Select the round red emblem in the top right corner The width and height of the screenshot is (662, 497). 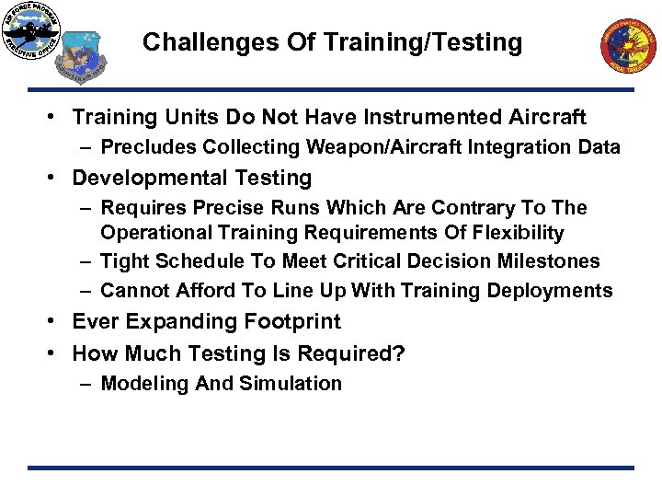(629, 46)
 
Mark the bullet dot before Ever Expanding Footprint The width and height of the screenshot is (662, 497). (57, 322)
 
